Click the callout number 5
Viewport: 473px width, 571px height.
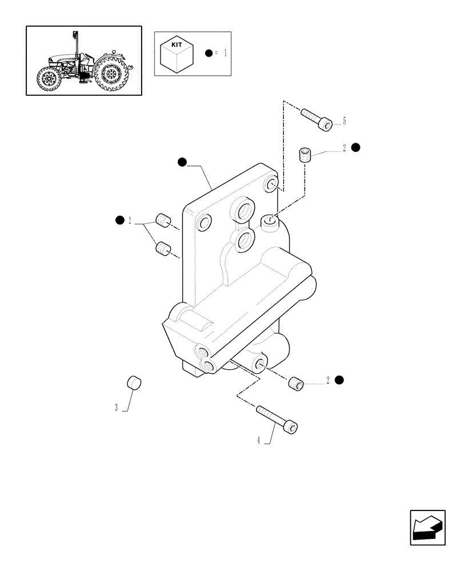point(344,121)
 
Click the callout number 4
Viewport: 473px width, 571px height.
point(259,440)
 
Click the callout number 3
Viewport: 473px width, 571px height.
point(117,408)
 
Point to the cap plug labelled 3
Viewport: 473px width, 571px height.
point(134,383)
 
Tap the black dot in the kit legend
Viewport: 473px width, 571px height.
point(209,54)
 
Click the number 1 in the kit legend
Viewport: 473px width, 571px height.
point(225,54)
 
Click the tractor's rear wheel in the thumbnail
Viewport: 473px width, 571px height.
point(113,76)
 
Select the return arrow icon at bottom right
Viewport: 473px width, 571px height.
point(427,528)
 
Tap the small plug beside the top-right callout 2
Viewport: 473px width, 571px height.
point(306,155)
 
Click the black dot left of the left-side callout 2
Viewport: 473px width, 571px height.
point(120,220)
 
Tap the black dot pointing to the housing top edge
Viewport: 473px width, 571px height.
point(182,162)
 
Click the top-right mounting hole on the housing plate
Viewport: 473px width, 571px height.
point(272,186)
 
